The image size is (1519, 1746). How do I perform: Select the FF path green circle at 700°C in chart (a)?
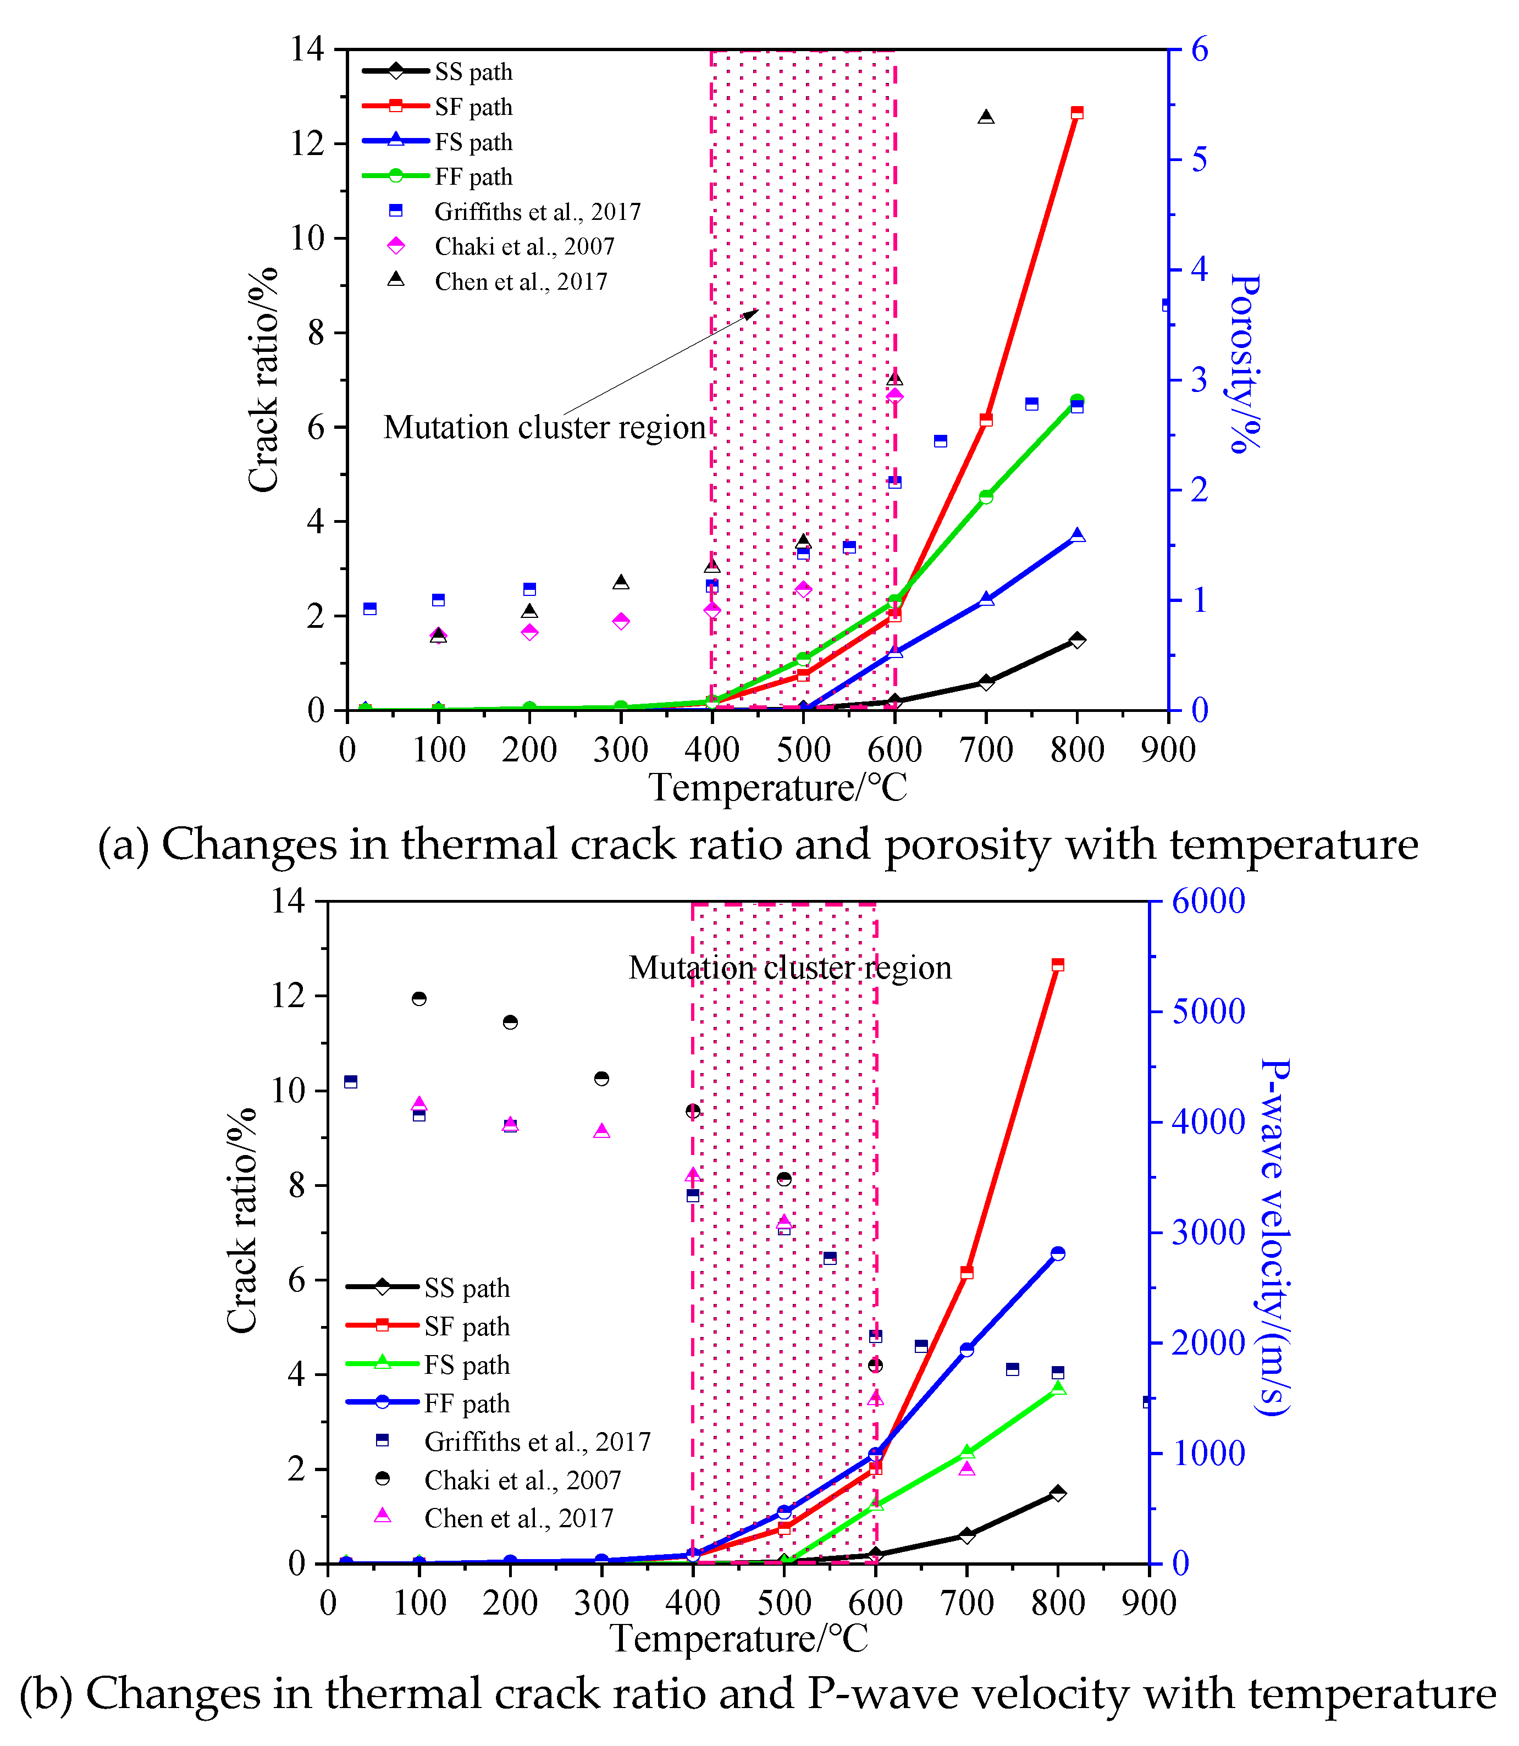pyautogui.click(x=985, y=496)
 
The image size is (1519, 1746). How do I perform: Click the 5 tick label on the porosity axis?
pyautogui.click(x=1200, y=159)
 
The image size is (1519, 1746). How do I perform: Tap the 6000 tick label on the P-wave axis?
pyautogui.click(x=1208, y=901)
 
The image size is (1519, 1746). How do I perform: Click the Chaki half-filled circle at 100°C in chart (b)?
pyautogui.click(x=419, y=998)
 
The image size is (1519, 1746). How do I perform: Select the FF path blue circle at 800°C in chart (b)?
pyautogui.click(x=1057, y=1253)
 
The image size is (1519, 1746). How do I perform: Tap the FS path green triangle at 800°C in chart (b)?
pyautogui.click(x=1058, y=1388)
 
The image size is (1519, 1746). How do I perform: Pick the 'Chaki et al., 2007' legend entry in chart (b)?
pyautogui.click(x=522, y=1480)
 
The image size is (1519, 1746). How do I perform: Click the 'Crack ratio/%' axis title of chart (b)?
pyautogui.click(x=241, y=1220)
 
